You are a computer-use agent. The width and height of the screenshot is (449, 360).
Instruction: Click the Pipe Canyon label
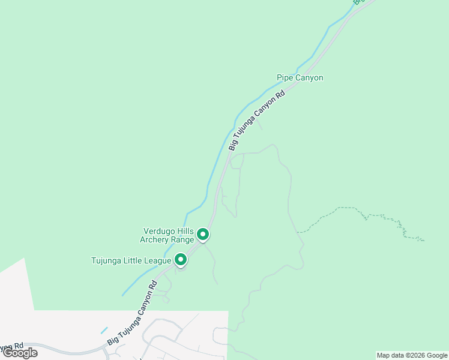(x=300, y=78)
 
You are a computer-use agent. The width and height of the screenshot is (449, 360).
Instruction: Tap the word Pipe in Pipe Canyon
(x=284, y=78)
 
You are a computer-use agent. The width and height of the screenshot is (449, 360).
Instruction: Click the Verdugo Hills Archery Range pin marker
(x=203, y=234)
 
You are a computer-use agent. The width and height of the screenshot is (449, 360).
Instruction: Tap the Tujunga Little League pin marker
(x=181, y=260)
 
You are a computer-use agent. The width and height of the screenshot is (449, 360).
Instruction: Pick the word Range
(x=182, y=240)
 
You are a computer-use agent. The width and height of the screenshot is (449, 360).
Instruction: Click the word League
(x=158, y=260)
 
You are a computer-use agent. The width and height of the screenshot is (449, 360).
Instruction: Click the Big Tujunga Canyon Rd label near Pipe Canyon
(x=256, y=121)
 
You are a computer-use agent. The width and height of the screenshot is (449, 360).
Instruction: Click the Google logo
(x=20, y=353)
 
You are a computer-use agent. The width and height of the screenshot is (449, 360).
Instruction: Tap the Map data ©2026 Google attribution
(x=412, y=355)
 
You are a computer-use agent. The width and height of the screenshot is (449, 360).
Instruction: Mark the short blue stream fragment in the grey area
(x=104, y=330)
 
